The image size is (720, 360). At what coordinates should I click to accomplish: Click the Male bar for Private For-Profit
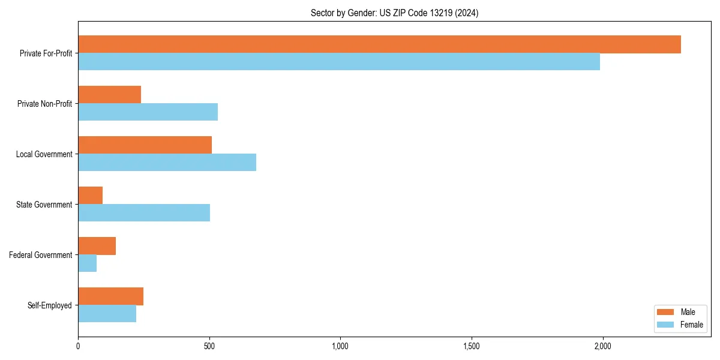click(x=379, y=44)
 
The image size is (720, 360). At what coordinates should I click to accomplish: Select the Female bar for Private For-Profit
click(x=339, y=62)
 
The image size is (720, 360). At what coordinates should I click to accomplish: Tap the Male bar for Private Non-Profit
click(x=109, y=95)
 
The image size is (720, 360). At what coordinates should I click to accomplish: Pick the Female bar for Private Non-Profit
click(x=148, y=112)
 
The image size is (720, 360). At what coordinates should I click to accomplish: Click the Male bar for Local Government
click(x=145, y=145)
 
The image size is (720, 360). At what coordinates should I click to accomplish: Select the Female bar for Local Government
click(x=167, y=163)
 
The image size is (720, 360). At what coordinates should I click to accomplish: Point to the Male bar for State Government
click(x=90, y=196)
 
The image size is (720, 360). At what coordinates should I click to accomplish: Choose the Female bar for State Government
click(x=144, y=213)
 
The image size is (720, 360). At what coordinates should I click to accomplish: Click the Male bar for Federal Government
click(x=97, y=246)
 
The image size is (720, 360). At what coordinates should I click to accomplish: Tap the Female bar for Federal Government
click(x=87, y=263)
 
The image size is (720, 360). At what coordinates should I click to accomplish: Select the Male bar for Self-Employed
click(x=110, y=296)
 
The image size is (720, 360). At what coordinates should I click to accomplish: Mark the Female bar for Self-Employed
click(x=107, y=314)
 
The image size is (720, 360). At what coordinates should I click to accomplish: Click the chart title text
click(x=394, y=13)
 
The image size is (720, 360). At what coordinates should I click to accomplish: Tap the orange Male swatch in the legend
click(x=665, y=312)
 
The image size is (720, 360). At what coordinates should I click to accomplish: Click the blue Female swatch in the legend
click(x=665, y=325)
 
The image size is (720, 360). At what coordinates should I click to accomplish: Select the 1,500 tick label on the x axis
click(x=472, y=346)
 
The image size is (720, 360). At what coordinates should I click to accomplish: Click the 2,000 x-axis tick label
click(x=602, y=346)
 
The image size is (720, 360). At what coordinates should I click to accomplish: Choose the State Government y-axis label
click(x=44, y=205)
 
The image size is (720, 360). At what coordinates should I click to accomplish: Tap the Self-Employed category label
click(x=49, y=305)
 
